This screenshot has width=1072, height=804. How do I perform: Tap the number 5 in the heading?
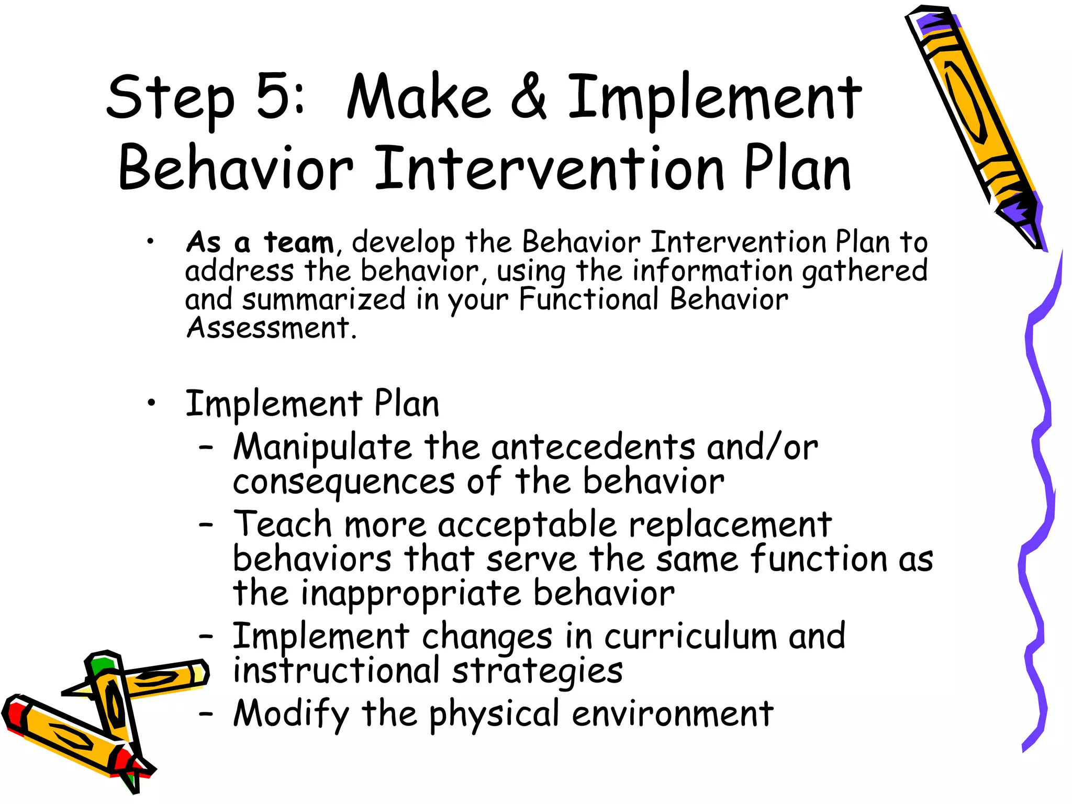272,96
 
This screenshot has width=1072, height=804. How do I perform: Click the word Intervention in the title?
550,169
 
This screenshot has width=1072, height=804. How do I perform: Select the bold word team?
298,243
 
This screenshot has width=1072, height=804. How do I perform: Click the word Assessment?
268,328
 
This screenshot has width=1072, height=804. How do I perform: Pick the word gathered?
864,271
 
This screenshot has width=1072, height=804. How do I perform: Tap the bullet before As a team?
151,241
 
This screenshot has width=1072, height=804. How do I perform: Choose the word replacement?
730,525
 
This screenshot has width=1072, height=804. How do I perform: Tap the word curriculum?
690,636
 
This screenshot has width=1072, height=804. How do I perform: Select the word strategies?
537,671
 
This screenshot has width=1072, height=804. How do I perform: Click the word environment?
672,713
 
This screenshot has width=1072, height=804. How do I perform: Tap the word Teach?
283,524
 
